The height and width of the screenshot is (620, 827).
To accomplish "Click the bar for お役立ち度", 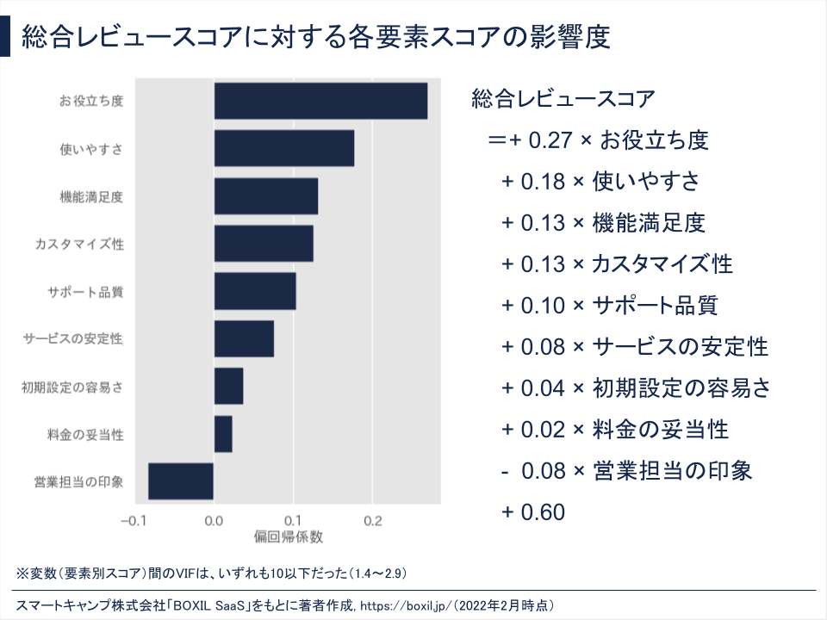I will tap(320, 101).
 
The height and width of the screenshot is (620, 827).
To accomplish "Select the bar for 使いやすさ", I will tap(284, 148).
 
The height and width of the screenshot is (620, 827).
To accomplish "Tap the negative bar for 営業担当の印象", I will tap(181, 480).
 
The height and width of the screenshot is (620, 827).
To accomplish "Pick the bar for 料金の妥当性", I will tap(223, 433).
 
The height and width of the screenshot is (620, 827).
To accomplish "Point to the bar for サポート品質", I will tap(255, 291).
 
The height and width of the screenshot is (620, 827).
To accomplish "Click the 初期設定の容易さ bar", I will tap(228, 386).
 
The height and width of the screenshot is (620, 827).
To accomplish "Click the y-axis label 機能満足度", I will tap(91, 196).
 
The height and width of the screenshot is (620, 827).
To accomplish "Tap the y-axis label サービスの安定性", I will tap(72, 338).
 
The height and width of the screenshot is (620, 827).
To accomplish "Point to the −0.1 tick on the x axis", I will tap(134, 521).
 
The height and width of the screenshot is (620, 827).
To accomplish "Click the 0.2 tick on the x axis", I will tap(372, 521).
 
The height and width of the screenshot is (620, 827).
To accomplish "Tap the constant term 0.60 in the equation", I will tap(544, 513).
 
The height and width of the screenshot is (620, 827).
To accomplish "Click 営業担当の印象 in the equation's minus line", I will tap(673, 471).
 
